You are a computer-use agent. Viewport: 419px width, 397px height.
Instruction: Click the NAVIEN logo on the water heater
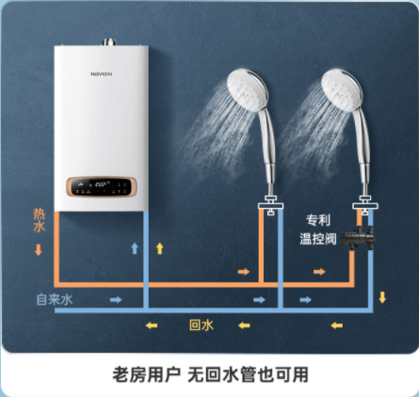101,74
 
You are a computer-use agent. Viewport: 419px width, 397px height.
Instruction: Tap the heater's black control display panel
101,187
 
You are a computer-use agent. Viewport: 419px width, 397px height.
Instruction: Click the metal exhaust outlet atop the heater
109,42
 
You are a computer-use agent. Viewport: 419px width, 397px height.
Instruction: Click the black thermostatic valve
359,238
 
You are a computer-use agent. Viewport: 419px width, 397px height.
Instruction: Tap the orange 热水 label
40,220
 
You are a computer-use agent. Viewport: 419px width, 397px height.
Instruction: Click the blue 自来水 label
55,299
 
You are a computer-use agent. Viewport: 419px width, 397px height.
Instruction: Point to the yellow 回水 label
201,325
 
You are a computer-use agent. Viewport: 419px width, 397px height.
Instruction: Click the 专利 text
318,220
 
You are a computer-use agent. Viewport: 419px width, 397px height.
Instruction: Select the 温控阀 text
318,239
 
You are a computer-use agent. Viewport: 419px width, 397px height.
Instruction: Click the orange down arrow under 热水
39,250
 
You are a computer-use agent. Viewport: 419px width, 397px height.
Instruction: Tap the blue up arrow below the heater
135,248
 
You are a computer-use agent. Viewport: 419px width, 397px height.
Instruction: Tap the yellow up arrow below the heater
160,248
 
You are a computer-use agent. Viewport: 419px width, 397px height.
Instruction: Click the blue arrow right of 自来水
116,300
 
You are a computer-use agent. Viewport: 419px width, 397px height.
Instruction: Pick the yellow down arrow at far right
382,297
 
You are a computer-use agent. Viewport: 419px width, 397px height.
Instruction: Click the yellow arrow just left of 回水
152,326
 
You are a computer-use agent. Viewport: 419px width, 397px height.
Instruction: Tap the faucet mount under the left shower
270,205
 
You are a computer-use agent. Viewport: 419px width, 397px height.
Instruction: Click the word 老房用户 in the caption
147,374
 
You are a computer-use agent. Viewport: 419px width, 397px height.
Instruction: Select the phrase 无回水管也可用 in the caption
248,374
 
